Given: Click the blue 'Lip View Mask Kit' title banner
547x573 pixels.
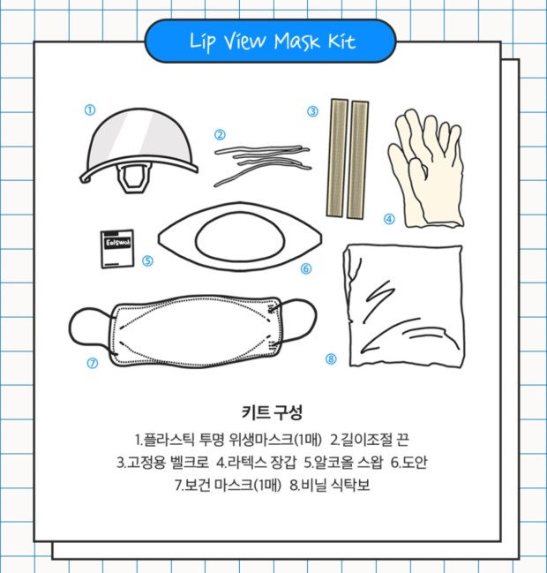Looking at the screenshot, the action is click(x=270, y=41).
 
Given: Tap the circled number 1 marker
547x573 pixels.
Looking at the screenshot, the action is click(x=90, y=109).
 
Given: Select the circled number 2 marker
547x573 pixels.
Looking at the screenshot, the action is click(x=220, y=135).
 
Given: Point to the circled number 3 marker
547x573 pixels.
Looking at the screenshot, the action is click(x=312, y=111).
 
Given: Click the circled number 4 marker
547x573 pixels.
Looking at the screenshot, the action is click(x=389, y=219).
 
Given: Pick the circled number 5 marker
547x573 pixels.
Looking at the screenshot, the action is click(x=147, y=261).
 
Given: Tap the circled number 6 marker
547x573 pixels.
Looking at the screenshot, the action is click(x=306, y=268).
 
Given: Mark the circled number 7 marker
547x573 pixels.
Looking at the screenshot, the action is click(x=93, y=363).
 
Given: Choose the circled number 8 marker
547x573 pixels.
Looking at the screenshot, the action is click(x=331, y=358).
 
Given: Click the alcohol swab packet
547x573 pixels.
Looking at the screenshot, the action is click(x=117, y=249).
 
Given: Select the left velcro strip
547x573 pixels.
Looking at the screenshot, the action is click(x=337, y=157).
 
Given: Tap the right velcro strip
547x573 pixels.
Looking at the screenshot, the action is click(x=357, y=160).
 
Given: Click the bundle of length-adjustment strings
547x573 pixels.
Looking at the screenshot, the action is click(x=263, y=164).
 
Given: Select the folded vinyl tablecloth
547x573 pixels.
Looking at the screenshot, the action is click(x=403, y=305).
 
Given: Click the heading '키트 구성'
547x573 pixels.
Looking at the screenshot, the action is click(x=272, y=412).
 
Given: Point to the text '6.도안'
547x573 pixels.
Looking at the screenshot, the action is click(x=408, y=463).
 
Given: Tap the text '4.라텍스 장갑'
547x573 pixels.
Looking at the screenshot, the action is click(x=257, y=463).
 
